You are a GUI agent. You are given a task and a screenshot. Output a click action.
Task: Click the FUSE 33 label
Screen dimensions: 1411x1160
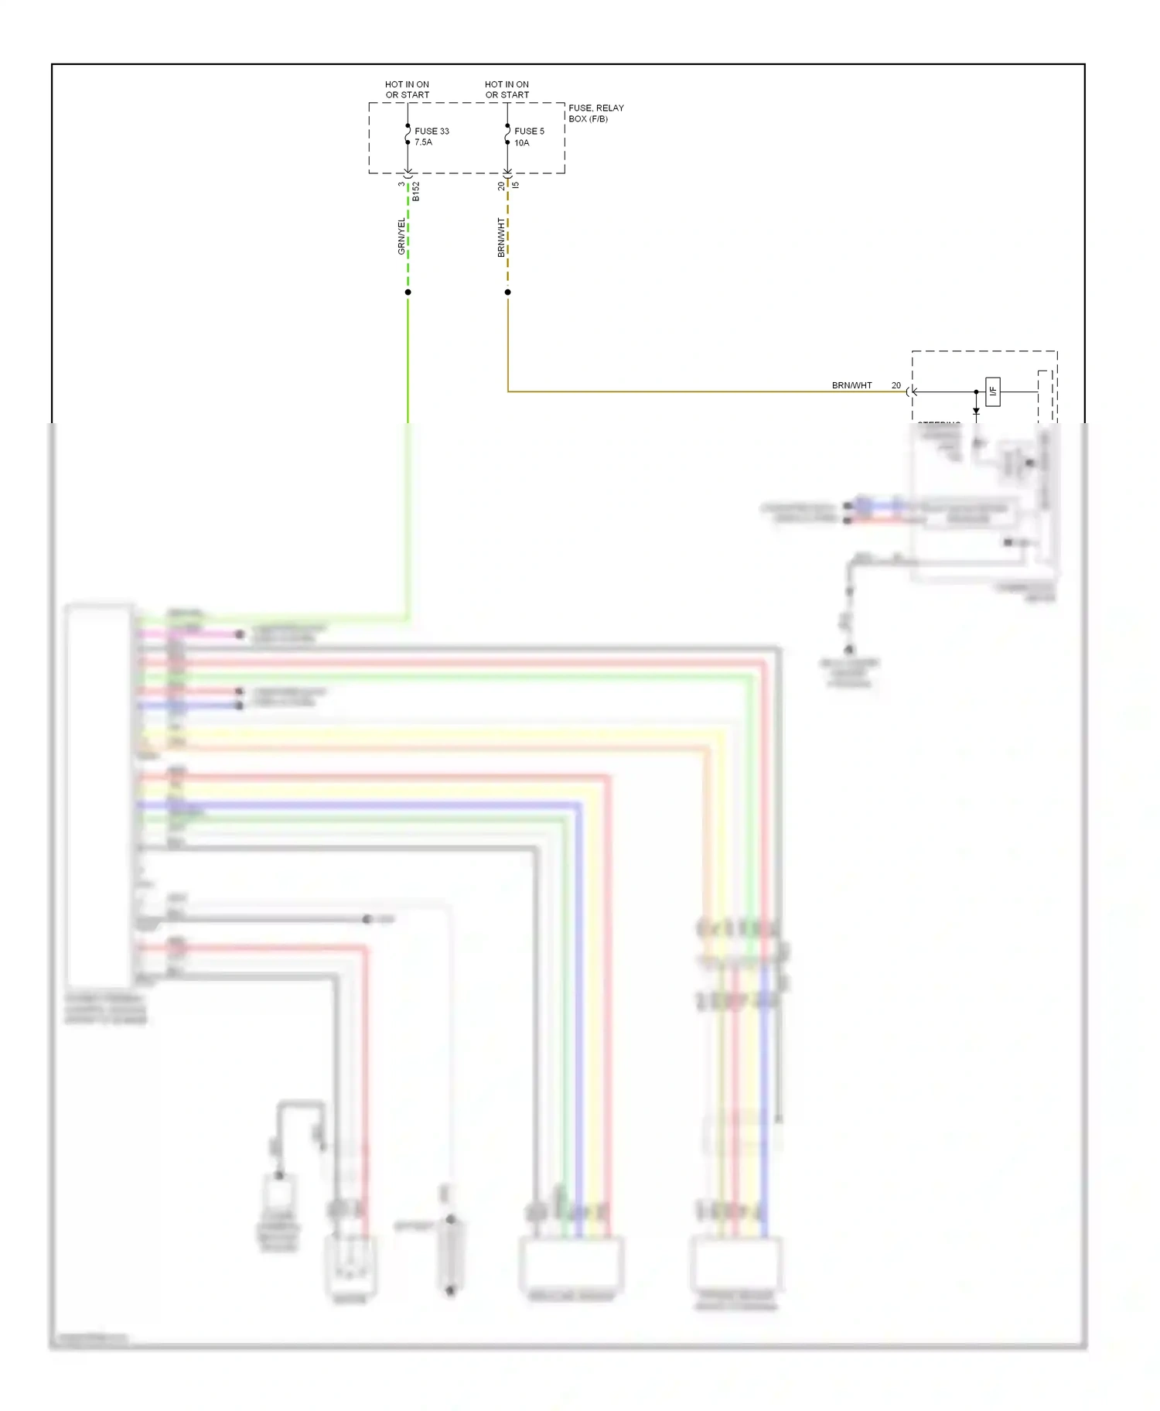pos(432,132)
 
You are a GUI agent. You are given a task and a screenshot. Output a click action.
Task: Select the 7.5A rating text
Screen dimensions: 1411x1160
pos(423,142)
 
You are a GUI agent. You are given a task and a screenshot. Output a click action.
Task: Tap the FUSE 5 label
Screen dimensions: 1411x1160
pos(529,132)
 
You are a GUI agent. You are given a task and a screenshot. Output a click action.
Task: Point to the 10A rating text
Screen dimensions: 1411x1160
pos(522,143)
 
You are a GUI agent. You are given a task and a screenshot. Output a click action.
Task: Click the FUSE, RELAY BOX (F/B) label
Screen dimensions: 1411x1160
pos(595,114)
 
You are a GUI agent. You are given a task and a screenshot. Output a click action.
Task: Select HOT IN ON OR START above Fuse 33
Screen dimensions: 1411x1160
pos(407,90)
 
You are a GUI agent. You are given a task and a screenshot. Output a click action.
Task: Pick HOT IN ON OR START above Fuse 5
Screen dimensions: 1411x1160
pos(507,90)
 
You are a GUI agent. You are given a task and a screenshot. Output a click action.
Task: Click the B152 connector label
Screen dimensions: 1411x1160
pos(416,192)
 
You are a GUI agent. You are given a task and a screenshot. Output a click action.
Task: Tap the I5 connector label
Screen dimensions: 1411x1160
pos(516,185)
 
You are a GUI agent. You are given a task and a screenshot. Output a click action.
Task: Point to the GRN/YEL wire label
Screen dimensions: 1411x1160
pos(401,236)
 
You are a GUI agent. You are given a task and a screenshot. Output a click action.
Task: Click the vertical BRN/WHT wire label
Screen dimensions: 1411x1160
pos(501,237)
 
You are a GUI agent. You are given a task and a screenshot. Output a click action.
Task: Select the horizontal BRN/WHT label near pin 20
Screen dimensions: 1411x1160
pos(851,385)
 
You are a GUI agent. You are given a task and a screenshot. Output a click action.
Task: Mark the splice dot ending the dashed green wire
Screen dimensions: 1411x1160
pos(408,292)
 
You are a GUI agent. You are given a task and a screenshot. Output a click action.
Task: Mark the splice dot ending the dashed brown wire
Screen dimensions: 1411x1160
pos(507,292)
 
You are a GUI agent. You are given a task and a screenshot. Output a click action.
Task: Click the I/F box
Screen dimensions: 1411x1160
pos(993,391)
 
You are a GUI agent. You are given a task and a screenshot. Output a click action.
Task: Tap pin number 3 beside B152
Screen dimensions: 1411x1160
pos(401,184)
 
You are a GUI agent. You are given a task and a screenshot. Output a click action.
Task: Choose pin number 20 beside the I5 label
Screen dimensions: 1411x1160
pos(501,186)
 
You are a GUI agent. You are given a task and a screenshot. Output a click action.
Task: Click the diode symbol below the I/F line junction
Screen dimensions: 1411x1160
pos(976,412)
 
